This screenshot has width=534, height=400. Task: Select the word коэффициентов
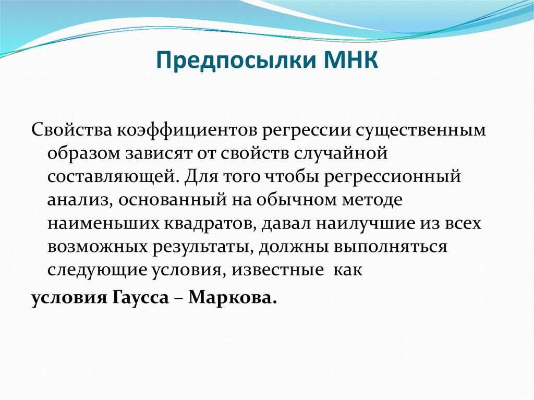pyautogui.click(x=187, y=130)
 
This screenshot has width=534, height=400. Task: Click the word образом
pyautogui.click(x=84, y=153)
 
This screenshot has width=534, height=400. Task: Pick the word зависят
pyautogui.click(x=159, y=154)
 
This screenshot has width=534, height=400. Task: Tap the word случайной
pyautogui.click(x=340, y=153)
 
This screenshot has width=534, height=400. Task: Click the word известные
pyautogui.click(x=277, y=270)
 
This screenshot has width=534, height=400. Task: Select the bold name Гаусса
pyautogui.click(x=140, y=297)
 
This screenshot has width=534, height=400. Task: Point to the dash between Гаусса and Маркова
pyautogui.click(x=179, y=298)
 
